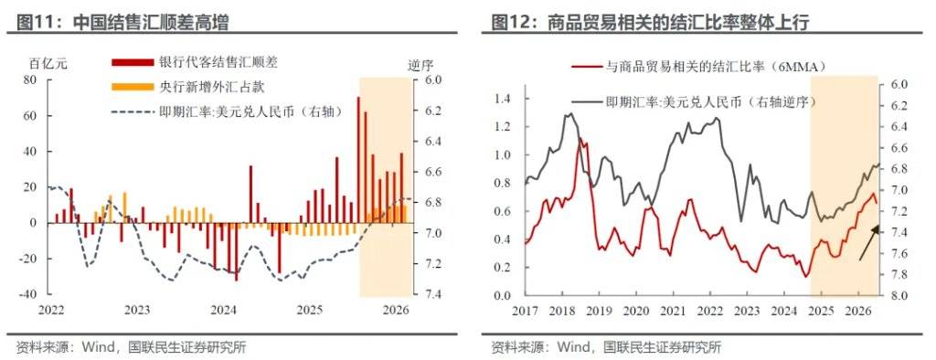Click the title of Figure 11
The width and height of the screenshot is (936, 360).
point(122,22)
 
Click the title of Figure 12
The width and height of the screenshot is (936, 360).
point(650,22)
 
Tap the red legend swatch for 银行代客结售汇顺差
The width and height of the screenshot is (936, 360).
point(132,62)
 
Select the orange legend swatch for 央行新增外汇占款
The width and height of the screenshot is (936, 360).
point(132,87)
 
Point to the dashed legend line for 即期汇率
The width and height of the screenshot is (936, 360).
point(132,111)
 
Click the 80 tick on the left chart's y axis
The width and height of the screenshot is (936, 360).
point(30,80)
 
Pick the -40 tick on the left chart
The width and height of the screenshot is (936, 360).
point(28,294)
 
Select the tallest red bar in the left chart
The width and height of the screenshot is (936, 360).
point(358,160)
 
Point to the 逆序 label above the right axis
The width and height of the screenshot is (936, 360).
point(420,65)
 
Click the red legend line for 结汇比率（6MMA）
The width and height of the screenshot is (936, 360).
point(586,67)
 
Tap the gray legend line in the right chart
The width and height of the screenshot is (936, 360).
point(586,101)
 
